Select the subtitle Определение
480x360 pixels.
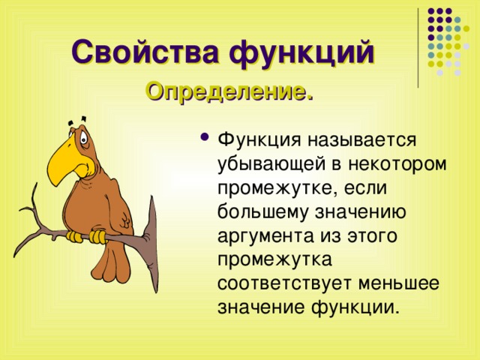229,92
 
